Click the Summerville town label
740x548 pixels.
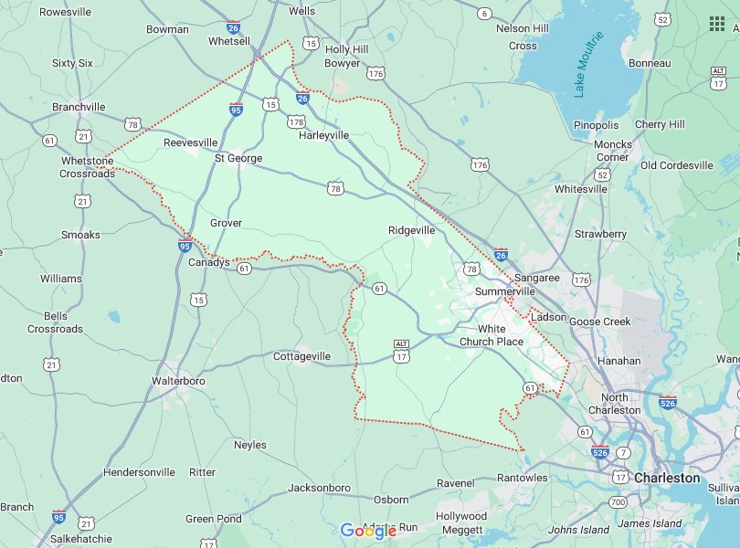504,290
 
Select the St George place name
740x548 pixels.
238,158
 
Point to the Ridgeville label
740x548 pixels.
411,230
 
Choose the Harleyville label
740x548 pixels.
324,135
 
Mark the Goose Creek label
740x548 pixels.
600,321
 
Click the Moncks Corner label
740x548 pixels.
612,151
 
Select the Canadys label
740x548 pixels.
208,263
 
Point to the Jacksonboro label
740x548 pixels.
319,488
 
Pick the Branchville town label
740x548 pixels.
79,107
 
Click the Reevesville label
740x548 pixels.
190,142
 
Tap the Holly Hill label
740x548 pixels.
346,49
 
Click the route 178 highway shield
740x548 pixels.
296,121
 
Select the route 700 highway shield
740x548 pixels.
618,502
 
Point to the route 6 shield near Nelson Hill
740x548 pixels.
484,13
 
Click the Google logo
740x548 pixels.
368,531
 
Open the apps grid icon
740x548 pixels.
716,23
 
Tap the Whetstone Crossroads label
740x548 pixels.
87,167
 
